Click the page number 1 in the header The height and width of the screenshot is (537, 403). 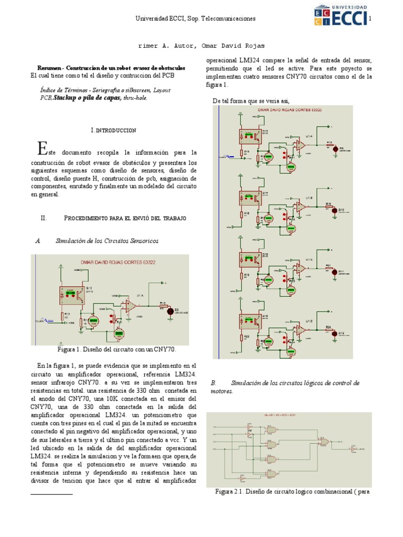(x=370, y=19)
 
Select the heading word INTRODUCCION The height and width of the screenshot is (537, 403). (x=115, y=130)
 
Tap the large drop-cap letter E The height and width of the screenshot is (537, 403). (x=43, y=148)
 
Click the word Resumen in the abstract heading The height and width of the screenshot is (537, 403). (x=49, y=68)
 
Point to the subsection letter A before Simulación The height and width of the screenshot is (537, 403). (x=38, y=240)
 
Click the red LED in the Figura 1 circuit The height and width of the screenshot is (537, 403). (x=169, y=311)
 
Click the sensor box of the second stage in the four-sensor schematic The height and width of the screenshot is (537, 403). (x=250, y=198)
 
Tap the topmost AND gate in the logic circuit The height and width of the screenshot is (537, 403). (x=272, y=429)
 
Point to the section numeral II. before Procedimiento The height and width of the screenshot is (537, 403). (x=44, y=218)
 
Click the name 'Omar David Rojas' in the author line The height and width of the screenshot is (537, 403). (x=226, y=46)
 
